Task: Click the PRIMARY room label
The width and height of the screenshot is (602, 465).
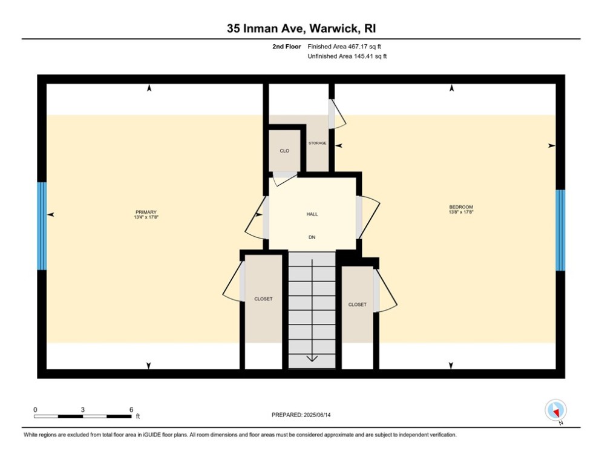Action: pos(146,212)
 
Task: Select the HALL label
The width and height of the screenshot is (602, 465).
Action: pos(312,214)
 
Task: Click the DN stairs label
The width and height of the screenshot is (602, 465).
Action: pos(312,237)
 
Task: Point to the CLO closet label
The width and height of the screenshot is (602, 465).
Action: pos(284,151)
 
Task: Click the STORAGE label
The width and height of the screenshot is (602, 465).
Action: pos(318,143)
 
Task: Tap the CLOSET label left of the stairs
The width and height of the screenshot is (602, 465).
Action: pos(263,299)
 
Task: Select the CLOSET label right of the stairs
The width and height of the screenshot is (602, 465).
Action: pos(357,305)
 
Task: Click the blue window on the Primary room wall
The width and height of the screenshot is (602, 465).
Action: pos(42,226)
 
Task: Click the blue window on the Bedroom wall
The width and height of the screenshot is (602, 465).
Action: pos(560,230)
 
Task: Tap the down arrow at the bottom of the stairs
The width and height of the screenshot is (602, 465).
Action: pos(312,358)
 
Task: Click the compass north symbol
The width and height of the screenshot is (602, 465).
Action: pos(554,410)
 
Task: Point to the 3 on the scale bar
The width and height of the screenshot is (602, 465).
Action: pos(82,409)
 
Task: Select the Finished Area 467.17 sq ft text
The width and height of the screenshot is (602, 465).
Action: pos(345,47)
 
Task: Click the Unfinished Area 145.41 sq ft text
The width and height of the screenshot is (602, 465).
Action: pos(347,56)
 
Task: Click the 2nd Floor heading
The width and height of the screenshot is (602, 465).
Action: pos(284,47)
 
